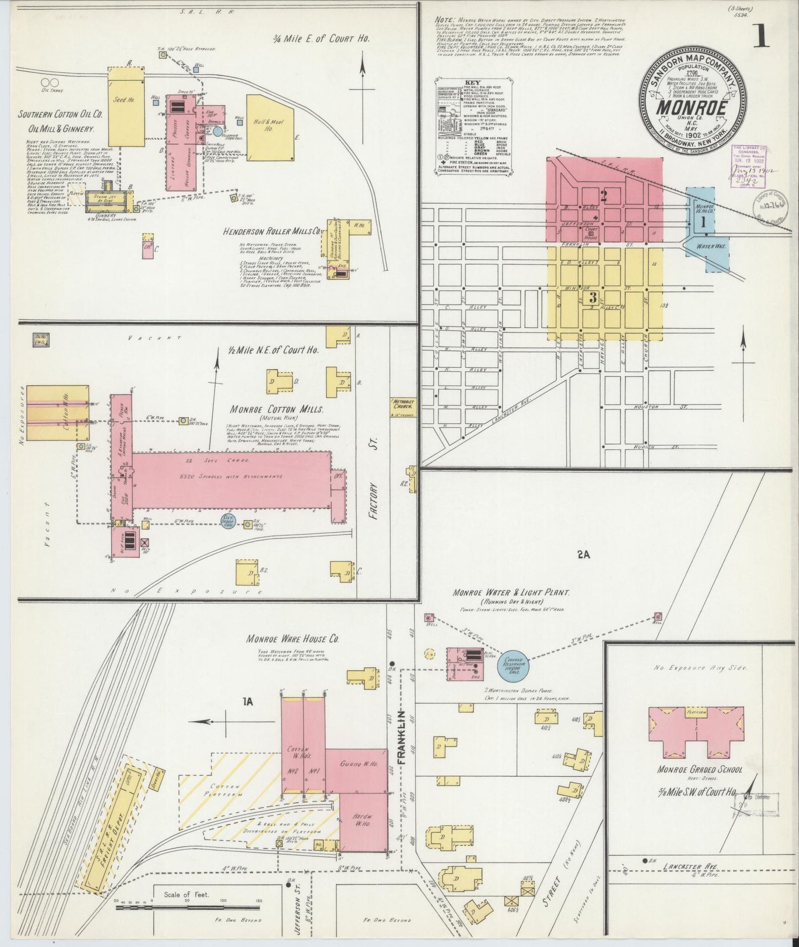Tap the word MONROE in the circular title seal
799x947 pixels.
(x=691, y=107)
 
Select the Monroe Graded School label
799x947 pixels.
(x=699, y=769)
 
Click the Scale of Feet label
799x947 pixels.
(x=186, y=894)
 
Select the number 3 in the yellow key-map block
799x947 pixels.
(x=593, y=297)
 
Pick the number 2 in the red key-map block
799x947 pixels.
(x=604, y=194)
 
